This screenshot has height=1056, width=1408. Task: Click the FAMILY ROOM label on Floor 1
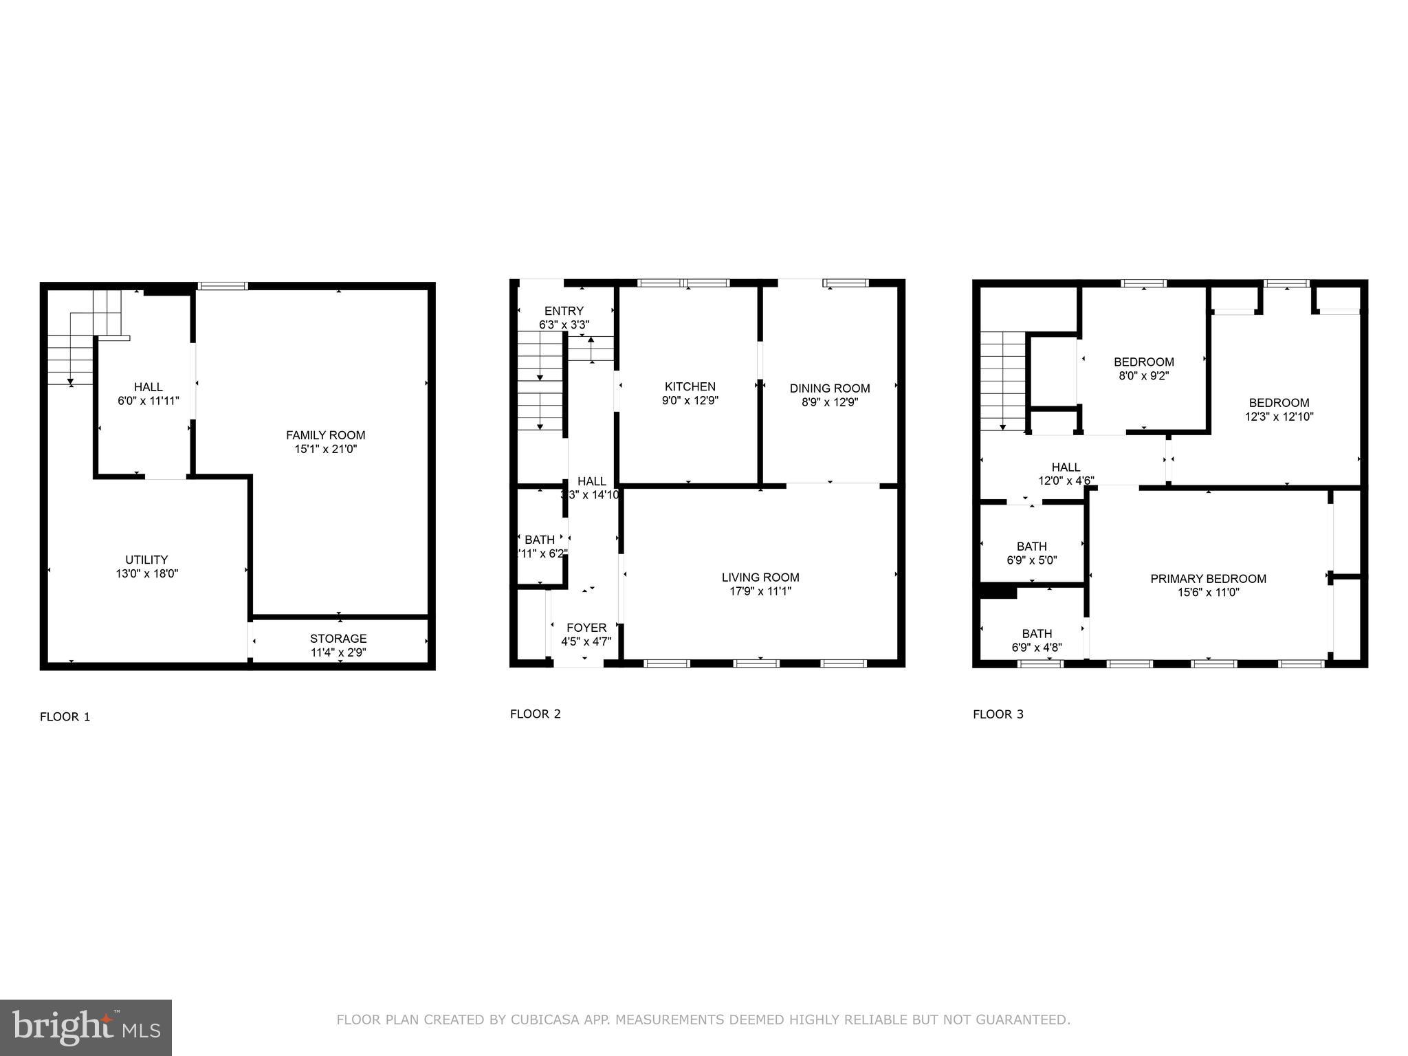pos(325,435)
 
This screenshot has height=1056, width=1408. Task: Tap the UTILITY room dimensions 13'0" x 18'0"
pos(146,573)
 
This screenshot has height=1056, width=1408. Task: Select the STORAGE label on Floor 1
pos(338,639)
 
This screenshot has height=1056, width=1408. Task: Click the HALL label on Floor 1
pos(148,387)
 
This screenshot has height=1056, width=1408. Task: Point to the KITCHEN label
pos(690,386)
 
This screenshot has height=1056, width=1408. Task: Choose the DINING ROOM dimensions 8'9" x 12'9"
pos(830,402)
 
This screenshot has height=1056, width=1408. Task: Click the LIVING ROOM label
pos(760,577)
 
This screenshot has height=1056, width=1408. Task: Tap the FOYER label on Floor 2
pos(586,628)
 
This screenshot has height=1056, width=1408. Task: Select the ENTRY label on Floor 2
pos(564,311)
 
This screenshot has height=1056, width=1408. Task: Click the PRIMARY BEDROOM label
pos(1208,579)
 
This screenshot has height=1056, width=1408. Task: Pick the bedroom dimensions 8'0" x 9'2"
pos(1144,376)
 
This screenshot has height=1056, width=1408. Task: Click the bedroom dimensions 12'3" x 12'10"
pos(1279,417)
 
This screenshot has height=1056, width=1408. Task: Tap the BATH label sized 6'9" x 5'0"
pos(1031,547)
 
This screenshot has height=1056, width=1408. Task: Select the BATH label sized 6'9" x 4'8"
pos(1036,633)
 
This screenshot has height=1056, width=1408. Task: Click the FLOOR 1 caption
pos(65,717)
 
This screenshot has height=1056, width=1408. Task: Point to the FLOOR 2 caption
pos(535,714)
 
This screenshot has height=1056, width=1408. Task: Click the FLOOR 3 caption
pos(998,714)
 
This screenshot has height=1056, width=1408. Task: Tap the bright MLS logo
pos(85,1027)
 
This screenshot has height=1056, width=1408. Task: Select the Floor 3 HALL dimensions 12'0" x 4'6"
pos(1066,481)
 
